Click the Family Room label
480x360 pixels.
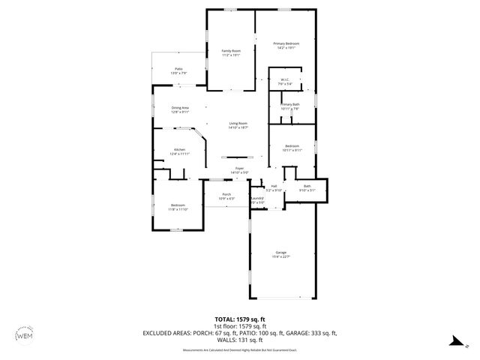[x=230, y=52]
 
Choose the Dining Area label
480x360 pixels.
[x=180, y=109]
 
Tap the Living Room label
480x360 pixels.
[x=238, y=125]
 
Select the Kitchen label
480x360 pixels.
[x=180, y=151]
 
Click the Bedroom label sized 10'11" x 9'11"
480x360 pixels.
[x=292, y=148]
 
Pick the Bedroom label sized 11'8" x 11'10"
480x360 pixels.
[x=178, y=207]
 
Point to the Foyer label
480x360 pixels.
[x=239, y=170]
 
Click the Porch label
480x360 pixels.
[x=226, y=196]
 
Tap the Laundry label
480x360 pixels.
[x=257, y=200]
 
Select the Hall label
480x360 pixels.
[x=274, y=187]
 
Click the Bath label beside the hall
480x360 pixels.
[x=307, y=187]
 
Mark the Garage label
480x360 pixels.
[x=281, y=254]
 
